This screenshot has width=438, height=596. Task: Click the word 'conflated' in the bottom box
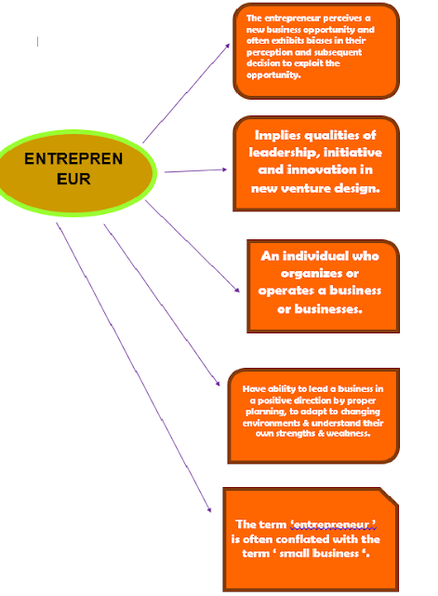[299, 539]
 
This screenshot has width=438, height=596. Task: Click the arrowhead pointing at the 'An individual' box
[240, 291]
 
